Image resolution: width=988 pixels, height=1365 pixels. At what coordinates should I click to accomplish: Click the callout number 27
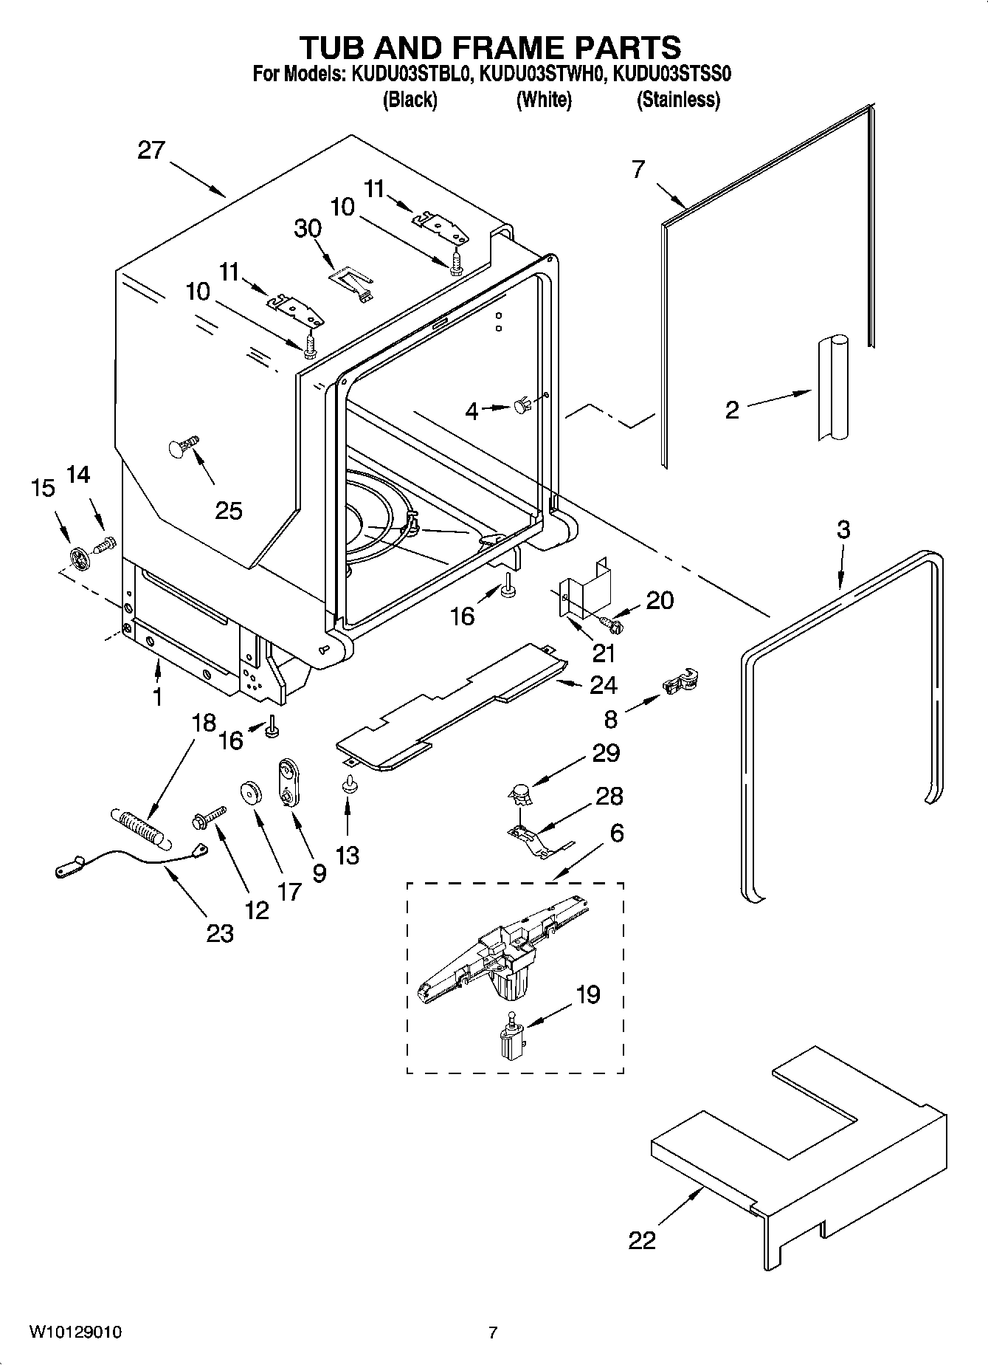coord(151,151)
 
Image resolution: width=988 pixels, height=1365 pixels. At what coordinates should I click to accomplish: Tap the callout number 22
coord(641,1239)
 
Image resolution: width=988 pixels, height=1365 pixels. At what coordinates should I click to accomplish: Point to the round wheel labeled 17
coord(252,793)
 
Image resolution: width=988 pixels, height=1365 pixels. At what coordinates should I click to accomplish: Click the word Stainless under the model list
coord(678,100)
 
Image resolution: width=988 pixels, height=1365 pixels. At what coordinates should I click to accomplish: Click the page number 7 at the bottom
coord(493,1333)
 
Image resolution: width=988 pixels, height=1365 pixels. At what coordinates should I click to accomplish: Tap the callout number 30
coord(308,228)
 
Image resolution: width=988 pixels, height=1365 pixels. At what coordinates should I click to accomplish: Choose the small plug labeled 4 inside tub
coord(522,405)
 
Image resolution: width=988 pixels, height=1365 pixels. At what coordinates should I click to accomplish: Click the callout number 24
coord(603,685)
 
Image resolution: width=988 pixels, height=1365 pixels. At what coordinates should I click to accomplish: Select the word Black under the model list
coord(410,100)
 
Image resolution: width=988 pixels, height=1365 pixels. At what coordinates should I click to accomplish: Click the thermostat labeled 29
coord(520,794)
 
